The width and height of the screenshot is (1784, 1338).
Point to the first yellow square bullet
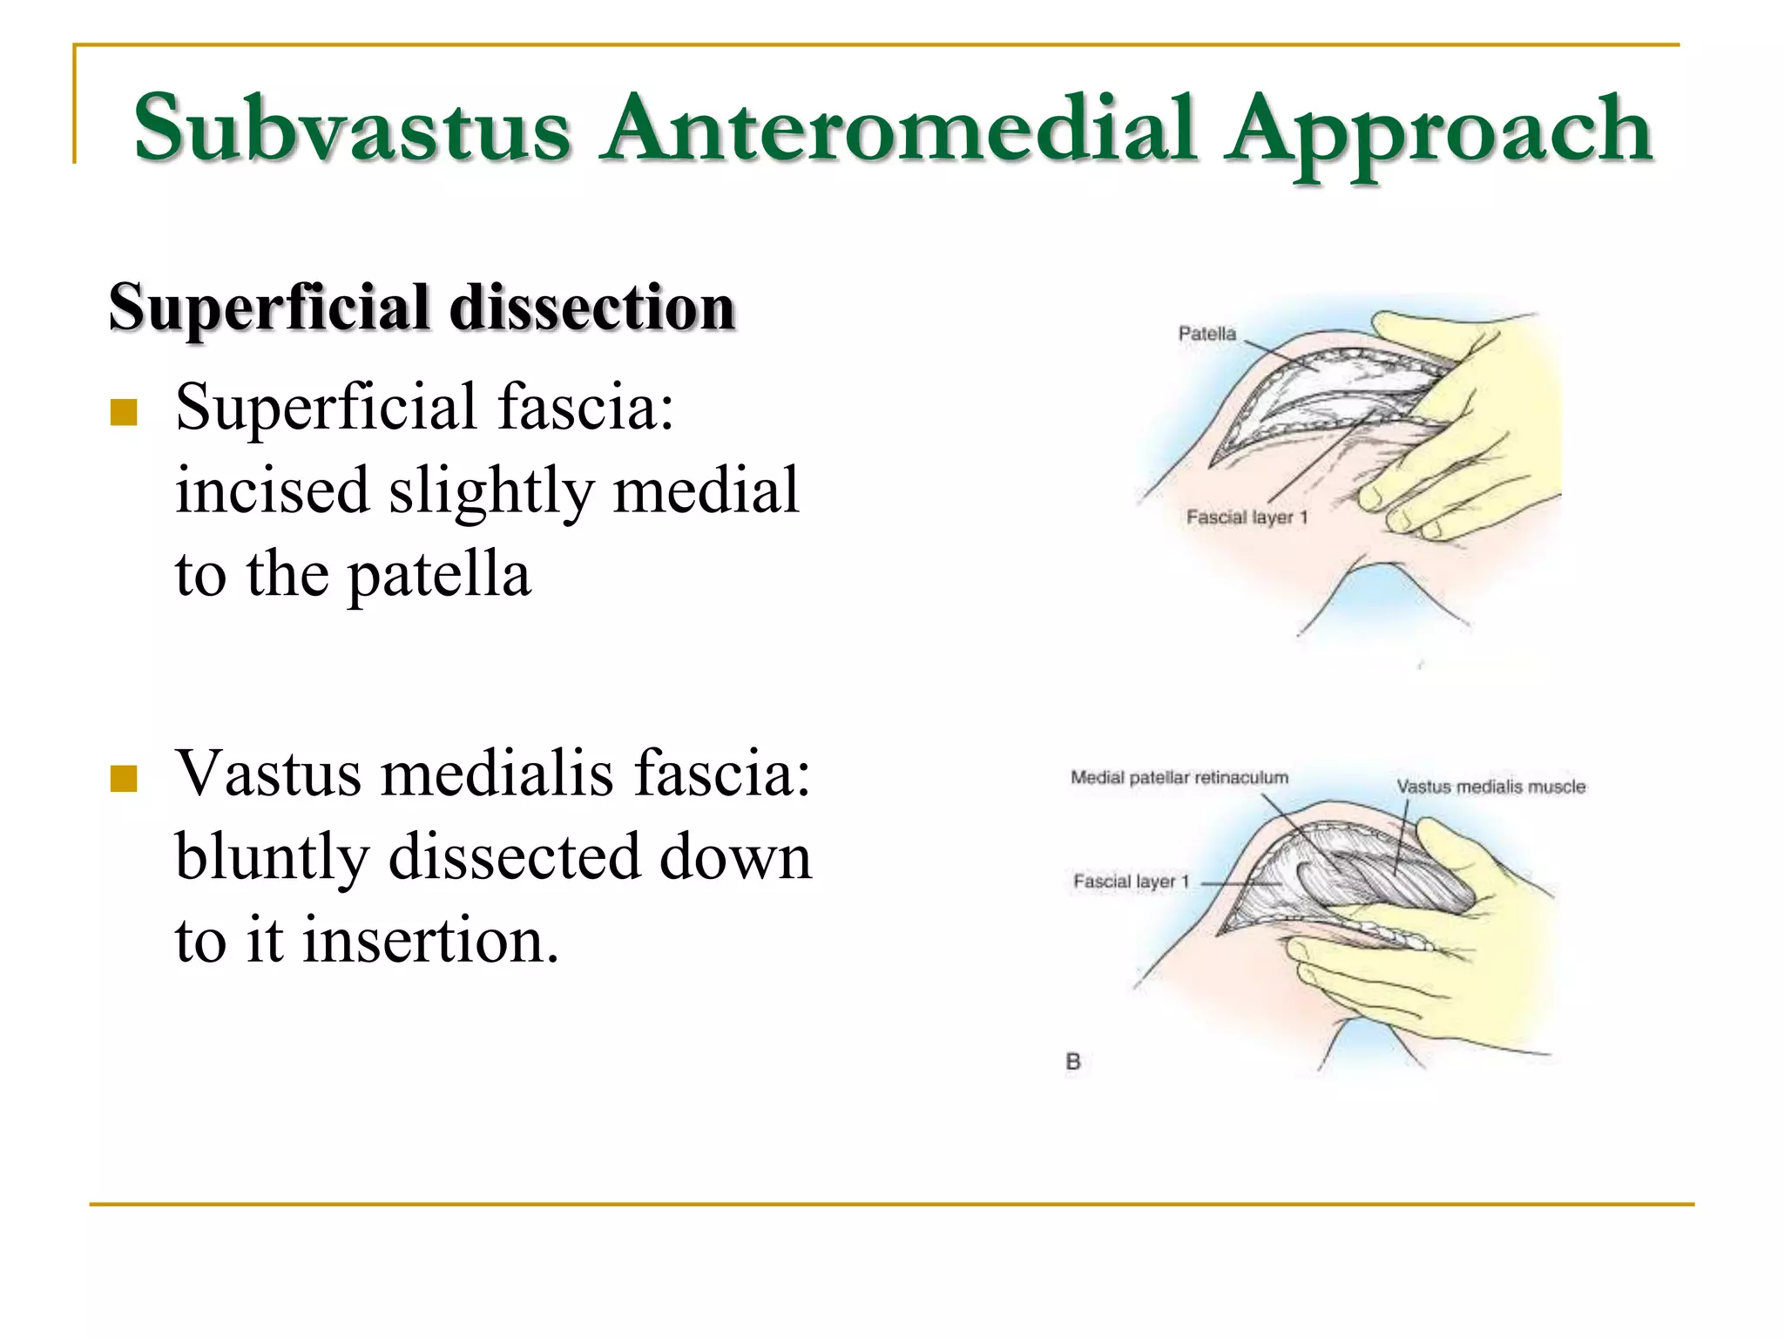coord(124,411)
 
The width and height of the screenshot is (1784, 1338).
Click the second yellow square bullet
coord(124,778)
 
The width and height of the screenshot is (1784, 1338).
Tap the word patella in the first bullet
coord(439,576)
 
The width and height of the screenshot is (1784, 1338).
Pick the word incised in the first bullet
coord(271,490)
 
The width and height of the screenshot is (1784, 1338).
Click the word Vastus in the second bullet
coord(267,773)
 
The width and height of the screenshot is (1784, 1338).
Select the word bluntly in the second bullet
coord(271,858)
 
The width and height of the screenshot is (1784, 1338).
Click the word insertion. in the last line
coord(430,941)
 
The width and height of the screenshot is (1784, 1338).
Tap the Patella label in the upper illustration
coord(1206,334)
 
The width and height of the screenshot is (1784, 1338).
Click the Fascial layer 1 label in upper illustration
coord(1247,517)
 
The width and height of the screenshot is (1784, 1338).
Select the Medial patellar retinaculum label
coord(1179,777)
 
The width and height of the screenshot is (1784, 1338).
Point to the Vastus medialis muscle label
coord(1490,787)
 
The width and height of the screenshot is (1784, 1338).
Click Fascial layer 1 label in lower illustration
coord(1131,882)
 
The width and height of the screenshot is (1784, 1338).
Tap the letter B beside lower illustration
coord(1073,1062)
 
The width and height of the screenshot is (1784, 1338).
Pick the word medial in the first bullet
coord(706,490)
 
